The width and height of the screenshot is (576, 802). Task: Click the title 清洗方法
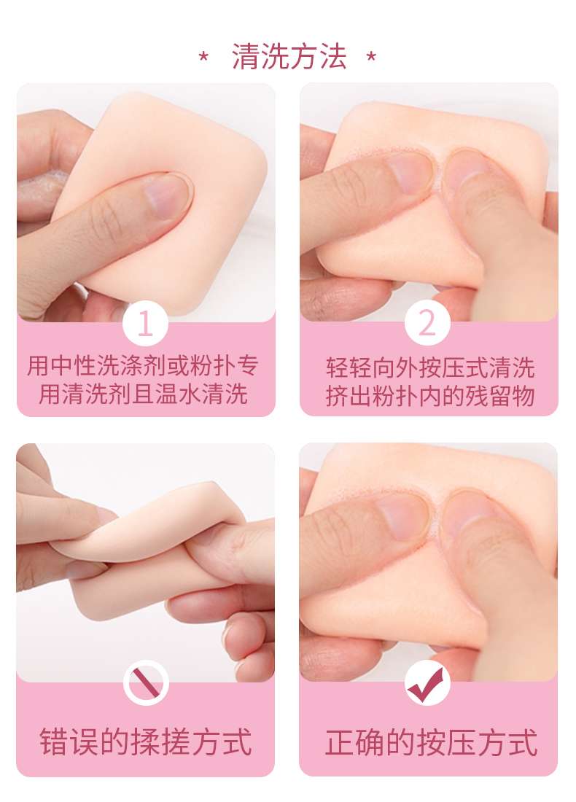pos(289,56)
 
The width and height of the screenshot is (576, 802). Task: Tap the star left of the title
pos(203,56)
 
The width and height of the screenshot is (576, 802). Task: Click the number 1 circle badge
pos(145,323)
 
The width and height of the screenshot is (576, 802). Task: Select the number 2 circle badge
pos(427,323)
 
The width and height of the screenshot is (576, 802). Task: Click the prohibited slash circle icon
pos(146,683)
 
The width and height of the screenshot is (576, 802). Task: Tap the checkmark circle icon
pos(427,683)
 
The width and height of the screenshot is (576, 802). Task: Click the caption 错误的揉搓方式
pos(146,742)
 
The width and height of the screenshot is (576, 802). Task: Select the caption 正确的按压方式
pos(431,742)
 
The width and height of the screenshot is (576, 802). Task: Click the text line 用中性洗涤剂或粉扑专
pos(143,366)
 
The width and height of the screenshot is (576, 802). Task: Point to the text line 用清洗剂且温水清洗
pos(143,394)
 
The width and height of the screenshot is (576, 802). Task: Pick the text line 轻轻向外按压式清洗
pos(430,367)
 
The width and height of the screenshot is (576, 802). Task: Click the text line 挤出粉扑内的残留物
pos(430,396)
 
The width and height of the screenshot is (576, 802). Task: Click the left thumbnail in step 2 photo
pos(409,173)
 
